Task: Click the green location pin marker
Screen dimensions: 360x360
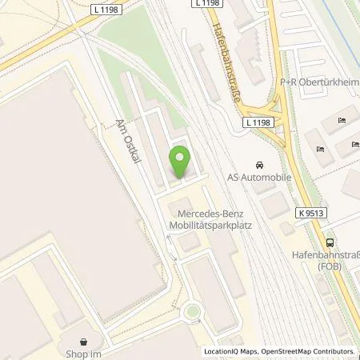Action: coord(181,162)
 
